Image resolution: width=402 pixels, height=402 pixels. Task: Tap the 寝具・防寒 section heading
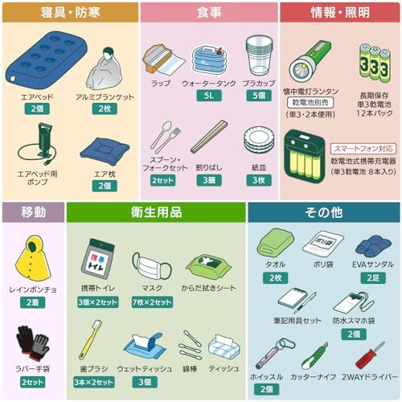69,12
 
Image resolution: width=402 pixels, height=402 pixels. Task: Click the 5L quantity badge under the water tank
208,95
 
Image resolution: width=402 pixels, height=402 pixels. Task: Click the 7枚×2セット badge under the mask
151,301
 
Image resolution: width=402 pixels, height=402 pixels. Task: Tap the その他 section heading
324,212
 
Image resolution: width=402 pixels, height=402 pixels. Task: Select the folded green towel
275,244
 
